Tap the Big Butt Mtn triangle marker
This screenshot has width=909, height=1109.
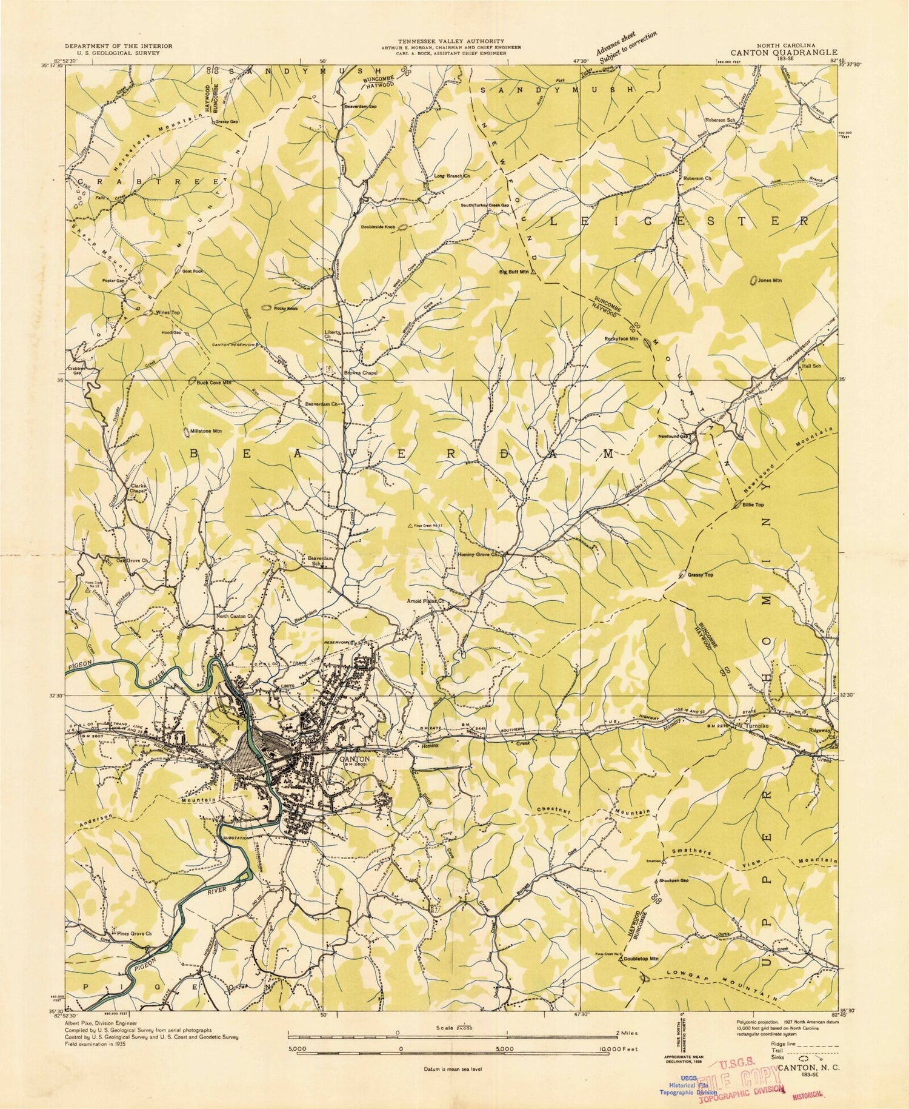click(x=533, y=272)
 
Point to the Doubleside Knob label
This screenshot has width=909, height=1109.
click(x=378, y=227)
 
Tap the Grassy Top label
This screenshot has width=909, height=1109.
click(x=701, y=574)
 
